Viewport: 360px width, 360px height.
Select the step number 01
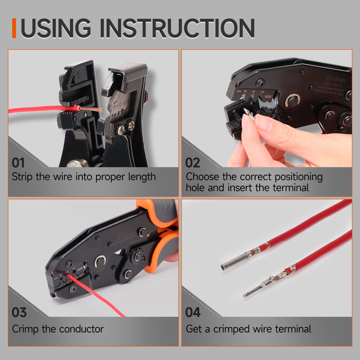click(x=19, y=162)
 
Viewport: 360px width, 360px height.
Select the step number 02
click(x=193, y=162)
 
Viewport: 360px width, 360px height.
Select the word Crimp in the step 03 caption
click(x=25, y=329)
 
